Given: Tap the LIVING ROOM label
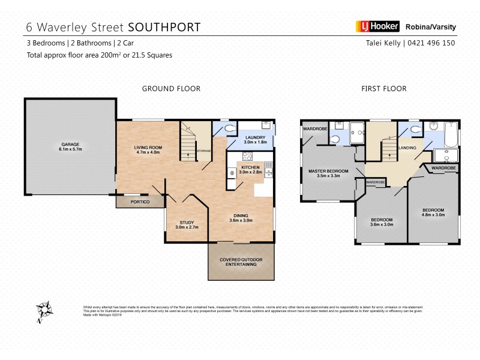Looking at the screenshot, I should (148, 150).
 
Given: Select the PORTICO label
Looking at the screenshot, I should (140, 202).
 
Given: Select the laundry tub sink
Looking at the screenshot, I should (265, 125).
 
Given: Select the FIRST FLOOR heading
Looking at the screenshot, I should (383, 89).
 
